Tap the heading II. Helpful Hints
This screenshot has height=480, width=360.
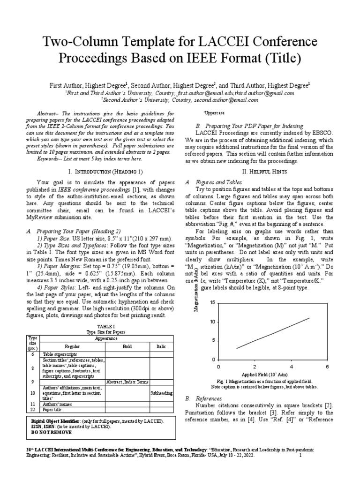[x=256, y=172]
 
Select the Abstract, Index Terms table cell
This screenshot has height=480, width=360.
[x=127, y=382]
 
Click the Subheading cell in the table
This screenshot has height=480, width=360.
[x=161, y=393]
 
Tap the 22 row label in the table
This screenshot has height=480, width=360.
[x=32, y=409]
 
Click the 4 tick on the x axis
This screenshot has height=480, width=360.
[x=291, y=366]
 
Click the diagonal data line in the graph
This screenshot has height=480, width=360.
[x=273, y=333]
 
